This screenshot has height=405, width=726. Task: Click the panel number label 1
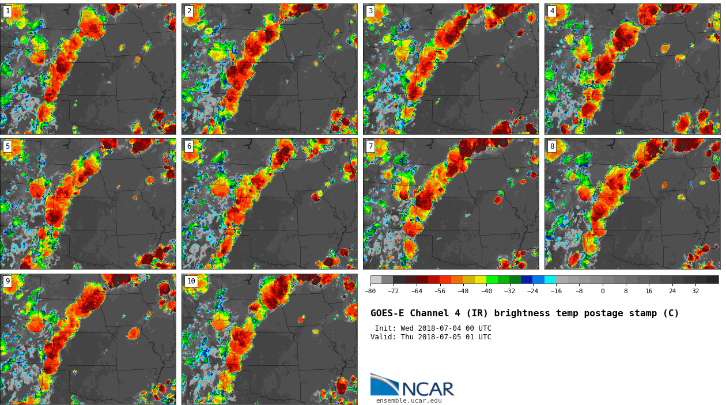pos(7,11)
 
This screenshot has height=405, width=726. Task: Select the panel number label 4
pos(552,11)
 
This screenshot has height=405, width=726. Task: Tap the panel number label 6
pos(189,146)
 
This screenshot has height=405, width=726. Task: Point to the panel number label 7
pos(370,146)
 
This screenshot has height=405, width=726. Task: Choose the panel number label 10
pos(191,281)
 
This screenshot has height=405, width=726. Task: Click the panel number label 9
pos(7,281)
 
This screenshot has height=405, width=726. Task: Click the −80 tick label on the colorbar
pos(370,292)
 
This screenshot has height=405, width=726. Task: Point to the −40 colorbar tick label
pos(486,292)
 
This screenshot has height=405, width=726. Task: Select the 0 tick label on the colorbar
pos(603,292)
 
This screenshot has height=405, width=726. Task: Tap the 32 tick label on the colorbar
pos(695,292)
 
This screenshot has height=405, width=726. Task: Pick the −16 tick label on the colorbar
pos(556,292)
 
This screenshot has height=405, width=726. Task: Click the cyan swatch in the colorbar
pos(550,279)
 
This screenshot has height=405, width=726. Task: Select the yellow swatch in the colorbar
pos(481,279)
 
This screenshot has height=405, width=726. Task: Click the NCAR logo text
pos(428,389)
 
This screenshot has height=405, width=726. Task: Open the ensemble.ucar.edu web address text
pos(409,401)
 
